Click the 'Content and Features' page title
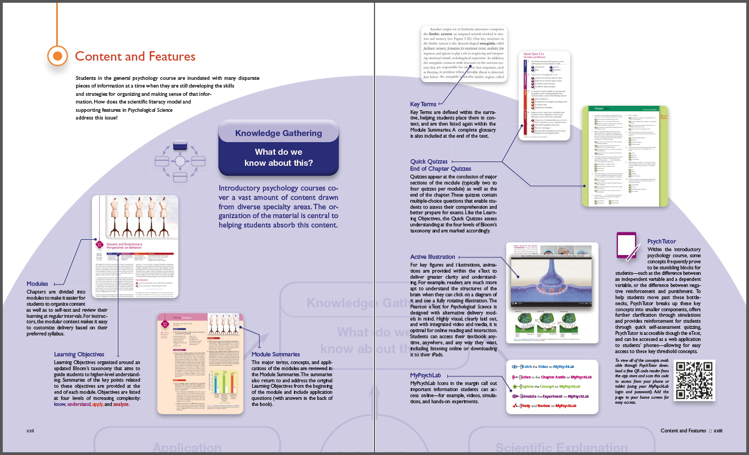point(135,56)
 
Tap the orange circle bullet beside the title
point(57,56)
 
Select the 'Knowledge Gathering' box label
point(278,133)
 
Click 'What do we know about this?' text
point(278,158)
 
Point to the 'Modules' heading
point(37,284)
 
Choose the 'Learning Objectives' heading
point(79,354)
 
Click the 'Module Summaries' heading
point(276,354)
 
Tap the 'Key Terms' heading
point(423,104)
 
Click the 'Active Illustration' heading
point(433,257)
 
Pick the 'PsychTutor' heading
point(661,241)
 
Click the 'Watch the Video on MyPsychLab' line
point(551,366)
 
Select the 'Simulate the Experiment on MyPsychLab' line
point(551,396)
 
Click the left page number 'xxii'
point(30,430)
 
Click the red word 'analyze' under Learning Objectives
point(121,404)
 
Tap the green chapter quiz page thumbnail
point(625,156)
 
